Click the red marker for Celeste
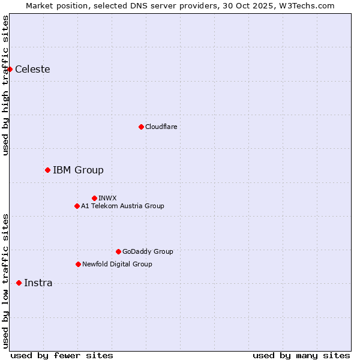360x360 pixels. coord(10,69)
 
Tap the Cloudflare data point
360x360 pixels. coord(141,127)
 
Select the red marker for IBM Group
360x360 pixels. coord(47,170)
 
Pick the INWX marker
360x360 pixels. coord(94,198)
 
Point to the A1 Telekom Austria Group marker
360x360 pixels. coord(77,206)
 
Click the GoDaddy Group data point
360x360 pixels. coord(118,251)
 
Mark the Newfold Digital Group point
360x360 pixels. coord(78,264)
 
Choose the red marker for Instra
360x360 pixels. coord(19,283)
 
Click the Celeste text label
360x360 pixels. coord(32,69)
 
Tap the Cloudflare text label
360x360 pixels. coord(161,127)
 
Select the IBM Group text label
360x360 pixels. coord(78,170)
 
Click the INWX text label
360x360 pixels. coord(107,198)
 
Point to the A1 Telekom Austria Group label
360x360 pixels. coord(122,206)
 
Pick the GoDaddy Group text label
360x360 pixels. coord(148,251)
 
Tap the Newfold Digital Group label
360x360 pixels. coord(117,264)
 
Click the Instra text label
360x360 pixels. coord(38,283)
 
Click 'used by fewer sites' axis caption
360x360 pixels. coord(62,355)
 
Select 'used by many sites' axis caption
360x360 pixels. coord(301,355)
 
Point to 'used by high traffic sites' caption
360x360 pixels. coord(5,85)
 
